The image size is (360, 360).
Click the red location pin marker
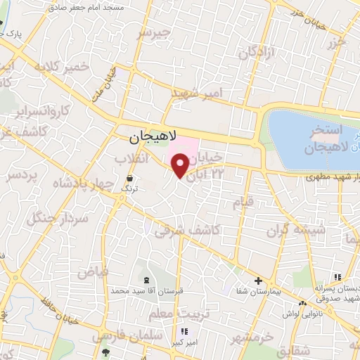click(x=181, y=166)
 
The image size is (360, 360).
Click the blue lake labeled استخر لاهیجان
click(x=309, y=134)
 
